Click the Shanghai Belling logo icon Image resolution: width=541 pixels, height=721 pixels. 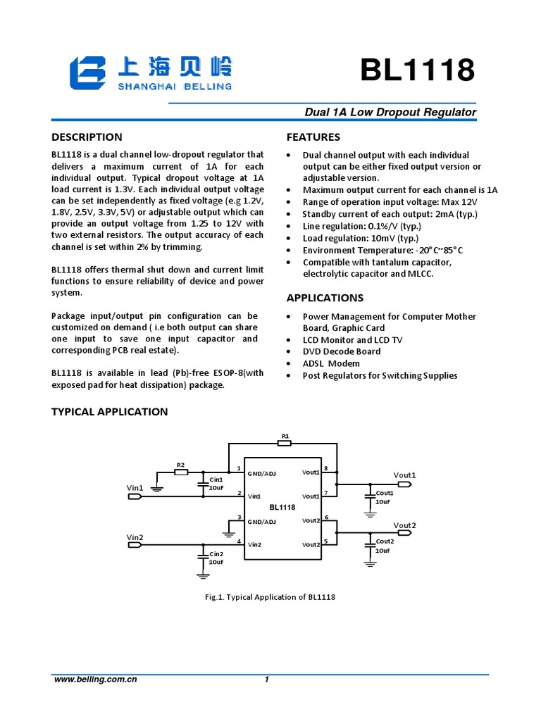pyautogui.click(x=87, y=73)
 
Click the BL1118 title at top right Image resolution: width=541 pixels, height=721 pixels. pyautogui.click(x=417, y=70)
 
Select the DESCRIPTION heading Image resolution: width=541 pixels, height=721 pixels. pyautogui.click(x=87, y=137)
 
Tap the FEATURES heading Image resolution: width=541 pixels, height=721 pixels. pyautogui.click(x=313, y=137)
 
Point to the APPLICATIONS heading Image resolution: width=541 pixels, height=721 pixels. pyautogui.click(x=325, y=298)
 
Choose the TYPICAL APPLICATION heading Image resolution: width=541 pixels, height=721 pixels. pyautogui.click(x=109, y=411)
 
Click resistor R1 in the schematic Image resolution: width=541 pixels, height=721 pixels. pyautogui.click(x=285, y=443)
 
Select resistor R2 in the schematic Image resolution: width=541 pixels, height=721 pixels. pyautogui.click(x=180, y=472)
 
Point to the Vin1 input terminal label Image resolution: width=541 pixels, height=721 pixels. pyautogui.click(x=135, y=487)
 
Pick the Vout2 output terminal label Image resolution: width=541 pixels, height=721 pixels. pyautogui.click(x=404, y=526)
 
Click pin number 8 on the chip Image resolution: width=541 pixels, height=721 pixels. pyautogui.click(x=325, y=468)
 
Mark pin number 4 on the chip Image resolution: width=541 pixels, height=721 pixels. pyautogui.click(x=240, y=541)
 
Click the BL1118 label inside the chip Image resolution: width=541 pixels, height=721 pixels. pyautogui.click(x=282, y=507)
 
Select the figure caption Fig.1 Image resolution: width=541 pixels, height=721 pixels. pyautogui.click(x=270, y=597)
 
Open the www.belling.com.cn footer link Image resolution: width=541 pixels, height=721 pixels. pyautogui.click(x=95, y=679)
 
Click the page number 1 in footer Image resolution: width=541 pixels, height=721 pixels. pyautogui.click(x=267, y=679)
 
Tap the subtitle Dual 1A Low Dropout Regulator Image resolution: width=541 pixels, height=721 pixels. pyautogui.click(x=390, y=113)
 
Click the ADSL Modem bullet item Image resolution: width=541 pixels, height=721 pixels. pyautogui.click(x=331, y=363)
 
